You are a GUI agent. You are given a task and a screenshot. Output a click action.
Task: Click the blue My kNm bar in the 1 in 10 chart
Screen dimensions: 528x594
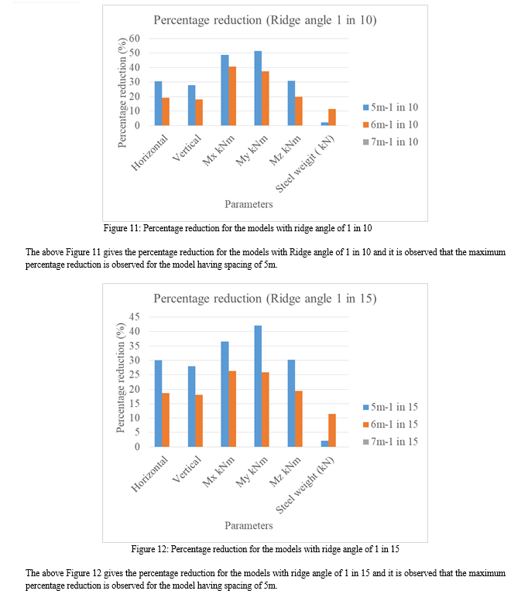coord(258,88)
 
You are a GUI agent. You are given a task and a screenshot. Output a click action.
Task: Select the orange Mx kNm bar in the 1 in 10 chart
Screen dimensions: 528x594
coord(232,96)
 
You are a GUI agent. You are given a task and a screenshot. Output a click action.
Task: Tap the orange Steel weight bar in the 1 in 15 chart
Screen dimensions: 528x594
coord(332,430)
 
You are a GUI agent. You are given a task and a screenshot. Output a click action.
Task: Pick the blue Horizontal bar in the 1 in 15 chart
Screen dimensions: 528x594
coord(158,404)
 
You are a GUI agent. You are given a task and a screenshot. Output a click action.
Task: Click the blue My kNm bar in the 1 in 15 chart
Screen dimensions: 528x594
coord(258,386)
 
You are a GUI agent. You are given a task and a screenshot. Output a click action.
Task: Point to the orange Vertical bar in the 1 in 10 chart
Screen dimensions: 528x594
coord(199,112)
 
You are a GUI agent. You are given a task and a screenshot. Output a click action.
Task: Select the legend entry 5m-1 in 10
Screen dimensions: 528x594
coord(390,108)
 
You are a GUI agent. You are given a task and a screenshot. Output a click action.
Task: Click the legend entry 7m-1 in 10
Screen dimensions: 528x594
coord(390,142)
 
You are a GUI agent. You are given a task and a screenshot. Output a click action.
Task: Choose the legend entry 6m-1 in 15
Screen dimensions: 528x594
coord(390,425)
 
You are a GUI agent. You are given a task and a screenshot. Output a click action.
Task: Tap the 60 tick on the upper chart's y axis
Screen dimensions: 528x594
coord(134,38)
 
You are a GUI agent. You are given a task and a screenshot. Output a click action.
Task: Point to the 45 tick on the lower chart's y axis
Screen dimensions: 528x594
coord(134,316)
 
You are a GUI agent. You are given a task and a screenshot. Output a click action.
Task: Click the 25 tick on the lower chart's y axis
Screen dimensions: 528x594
coord(134,374)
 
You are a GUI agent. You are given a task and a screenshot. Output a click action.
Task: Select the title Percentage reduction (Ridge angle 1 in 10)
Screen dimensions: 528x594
coord(265,20)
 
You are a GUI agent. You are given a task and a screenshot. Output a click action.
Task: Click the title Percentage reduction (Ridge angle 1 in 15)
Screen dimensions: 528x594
coord(265,299)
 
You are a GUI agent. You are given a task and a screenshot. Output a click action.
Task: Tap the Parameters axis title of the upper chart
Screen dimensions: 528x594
coord(249,204)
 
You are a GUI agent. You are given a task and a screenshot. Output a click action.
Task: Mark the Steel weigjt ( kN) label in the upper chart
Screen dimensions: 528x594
coord(305,164)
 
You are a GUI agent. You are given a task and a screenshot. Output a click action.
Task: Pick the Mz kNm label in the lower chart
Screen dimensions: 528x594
coord(285,472)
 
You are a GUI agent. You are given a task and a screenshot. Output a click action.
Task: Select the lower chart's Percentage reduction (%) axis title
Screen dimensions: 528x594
coord(121,377)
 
